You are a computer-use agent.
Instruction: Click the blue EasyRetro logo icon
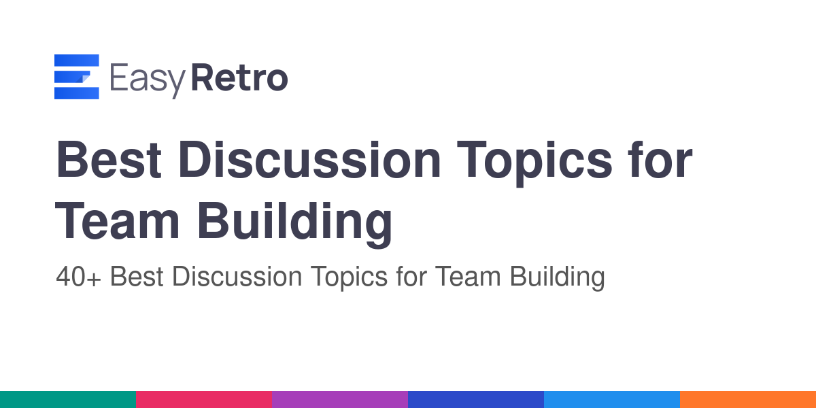[x=76, y=76]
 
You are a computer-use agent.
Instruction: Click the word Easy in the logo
[x=148, y=80]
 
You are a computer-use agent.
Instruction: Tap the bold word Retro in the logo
[x=239, y=78]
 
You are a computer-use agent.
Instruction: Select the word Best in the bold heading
[x=109, y=160]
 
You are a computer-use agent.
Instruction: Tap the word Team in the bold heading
[x=117, y=221]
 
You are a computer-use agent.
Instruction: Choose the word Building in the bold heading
[x=295, y=224]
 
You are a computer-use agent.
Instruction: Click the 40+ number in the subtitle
[x=78, y=277]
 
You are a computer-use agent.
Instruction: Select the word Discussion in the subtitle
[x=237, y=276]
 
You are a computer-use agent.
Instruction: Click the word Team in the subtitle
[x=468, y=277]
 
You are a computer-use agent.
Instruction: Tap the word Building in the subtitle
[x=558, y=277]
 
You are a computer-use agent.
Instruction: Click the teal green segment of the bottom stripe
[x=68, y=400]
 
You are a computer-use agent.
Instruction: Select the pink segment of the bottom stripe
[x=204, y=400]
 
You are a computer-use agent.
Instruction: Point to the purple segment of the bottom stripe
[x=340, y=400]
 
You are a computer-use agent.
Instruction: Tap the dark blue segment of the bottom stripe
[x=476, y=400]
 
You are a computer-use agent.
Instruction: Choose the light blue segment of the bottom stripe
[x=612, y=400]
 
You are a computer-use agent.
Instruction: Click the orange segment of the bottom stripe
[x=748, y=400]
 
